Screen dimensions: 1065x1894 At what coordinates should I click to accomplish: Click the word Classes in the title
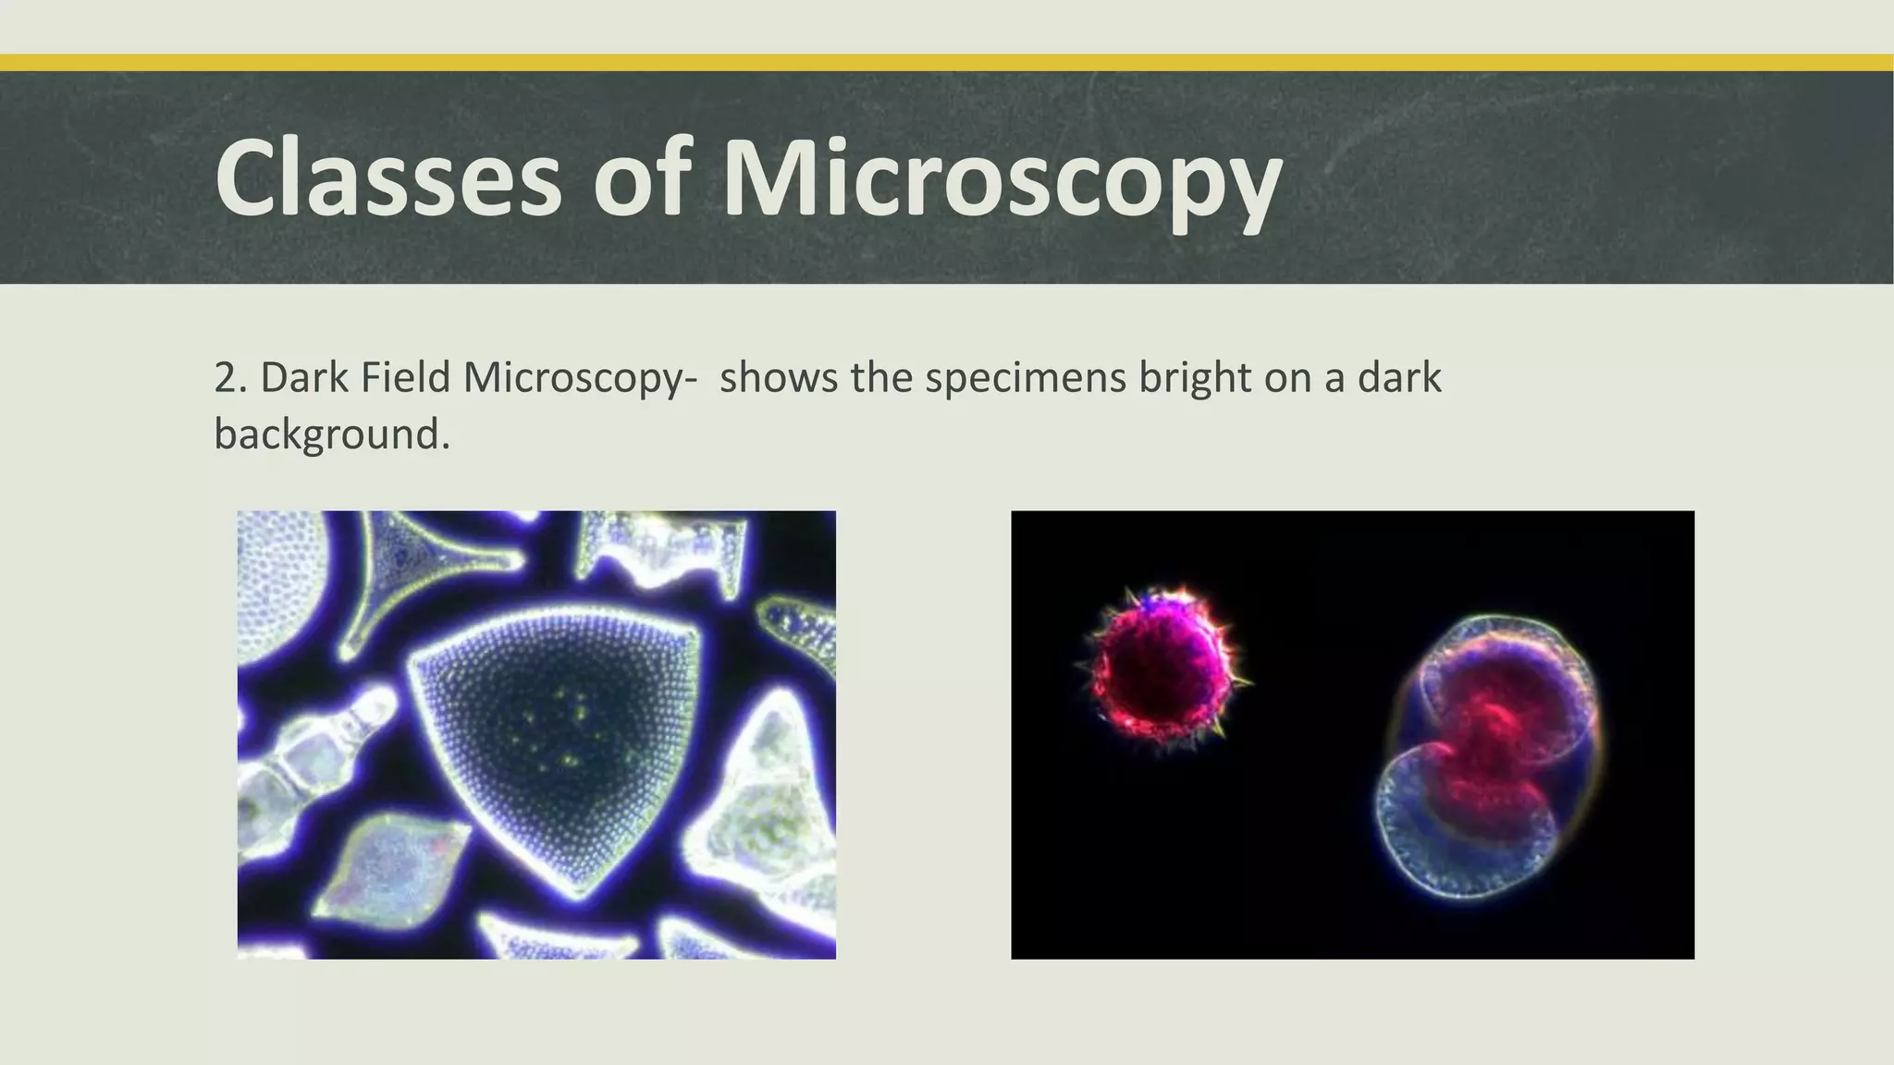pyautogui.click(x=388, y=177)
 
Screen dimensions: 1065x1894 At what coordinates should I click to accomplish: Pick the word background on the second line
pyautogui.click(x=331, y=434)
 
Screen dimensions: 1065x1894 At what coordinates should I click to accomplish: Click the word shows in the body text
pyautogui.click(x=778, y=378)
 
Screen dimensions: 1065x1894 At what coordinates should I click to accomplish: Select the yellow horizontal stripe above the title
pyautogui.click(x=947, y=63)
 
